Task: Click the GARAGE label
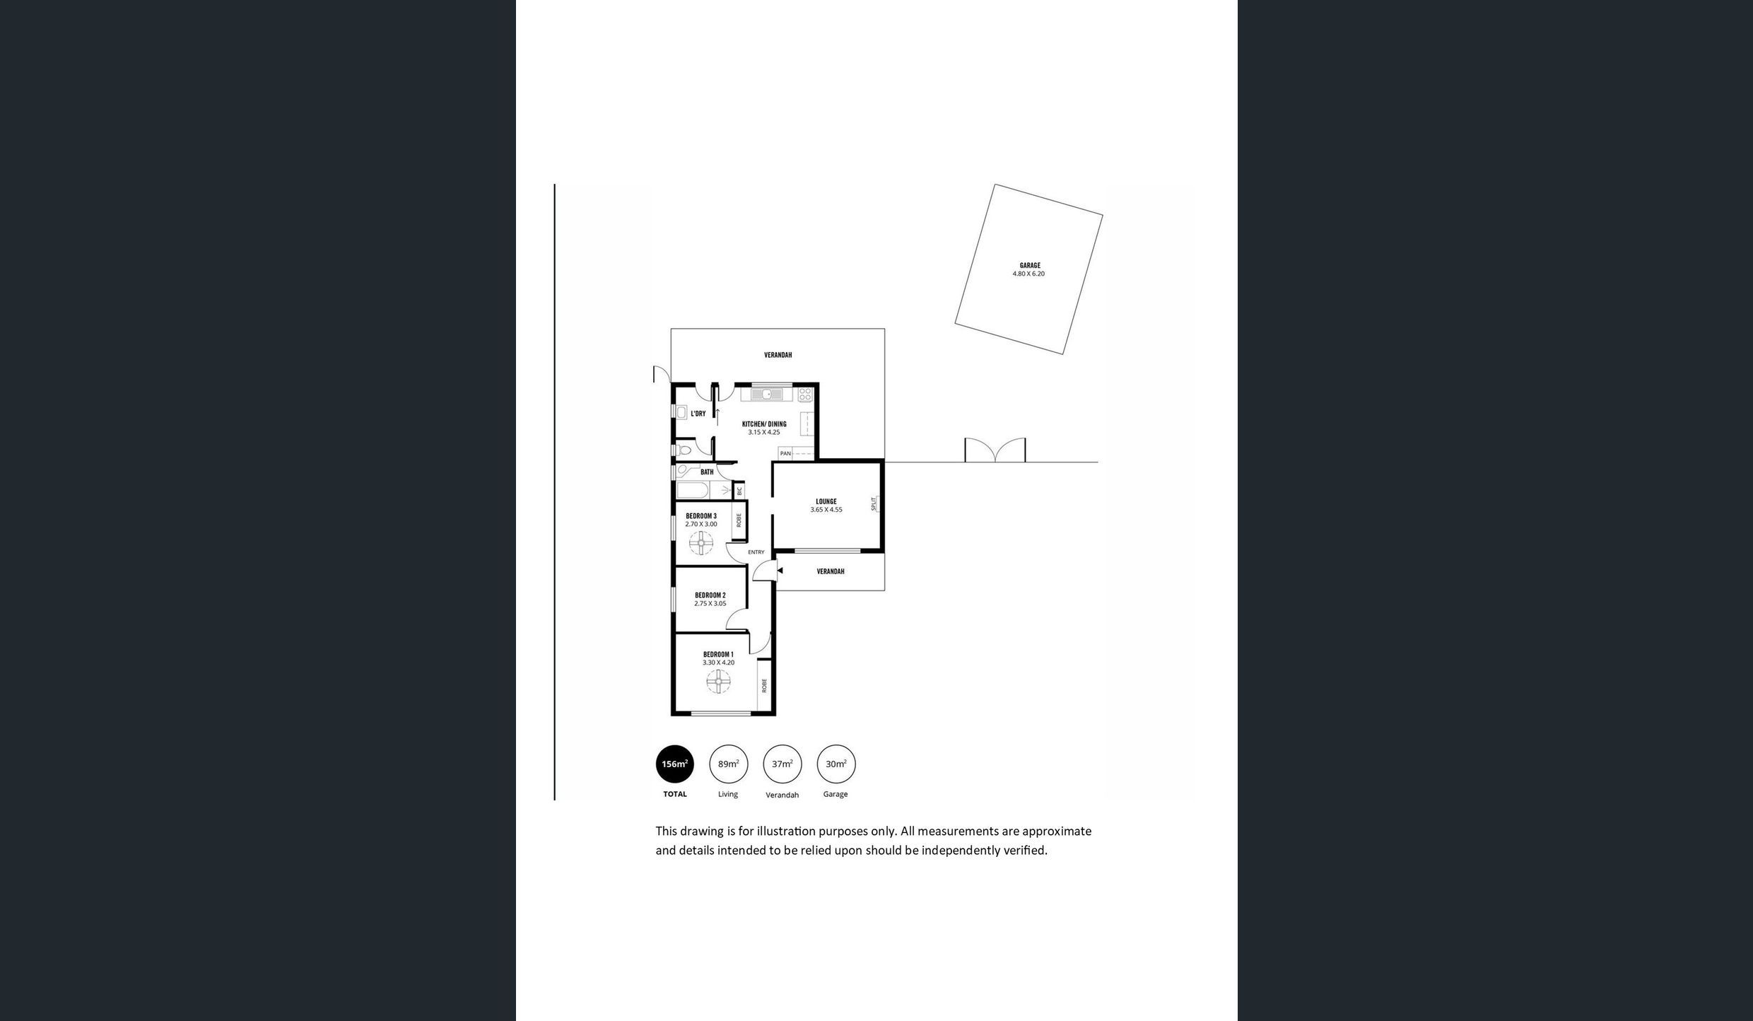[x=1029, y=266]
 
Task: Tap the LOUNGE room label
[x=826, y=502]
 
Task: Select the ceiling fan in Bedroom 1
[x=718, y=682]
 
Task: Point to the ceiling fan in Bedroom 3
[x=701, y=544]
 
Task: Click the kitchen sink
[x=767, y=394]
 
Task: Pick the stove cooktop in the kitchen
[x=805, y=395]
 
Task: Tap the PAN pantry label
[x=785, y=453]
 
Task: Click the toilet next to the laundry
[x=683, y=449]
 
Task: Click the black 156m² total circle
[x=675, y=764]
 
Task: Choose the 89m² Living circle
[x=728, y=764]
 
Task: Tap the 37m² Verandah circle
[x=782, y=764]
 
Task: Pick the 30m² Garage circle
[x=836, y=764]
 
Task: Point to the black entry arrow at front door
[x=780, y=571]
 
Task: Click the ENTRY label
[x=756, y=552]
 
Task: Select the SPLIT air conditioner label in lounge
[x=874, y=503]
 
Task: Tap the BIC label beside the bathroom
[x=739, y=490]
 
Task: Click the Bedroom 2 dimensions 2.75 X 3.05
[x=710, y=604]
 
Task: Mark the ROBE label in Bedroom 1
[x=764, y=685]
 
